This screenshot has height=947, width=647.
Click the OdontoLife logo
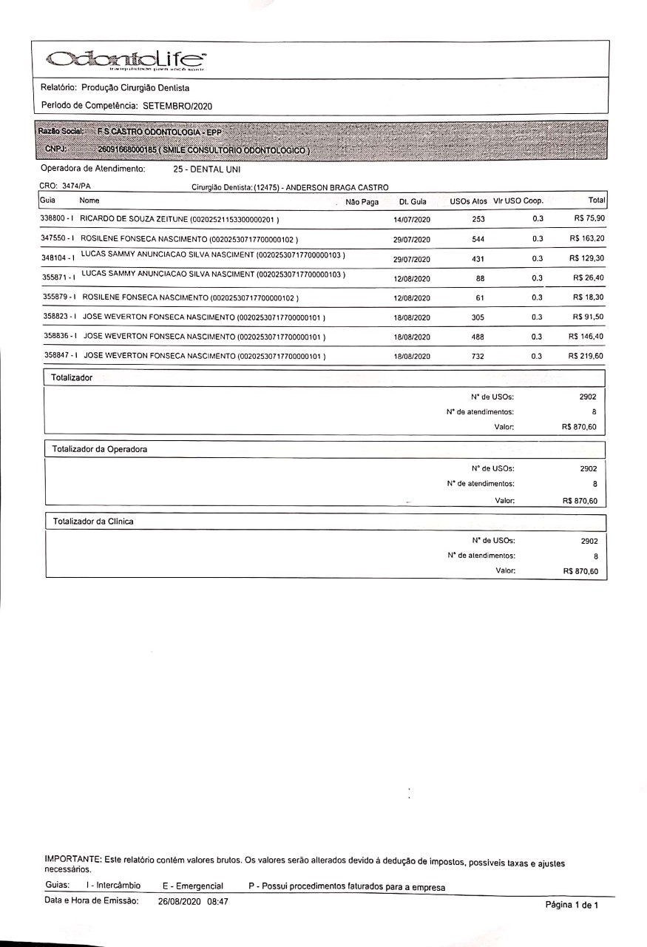(x=126, y=60)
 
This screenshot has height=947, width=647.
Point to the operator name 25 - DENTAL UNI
(x=202, y=169)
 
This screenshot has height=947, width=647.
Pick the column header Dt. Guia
(x=412, y=201)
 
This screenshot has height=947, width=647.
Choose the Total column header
(x=596, y=200)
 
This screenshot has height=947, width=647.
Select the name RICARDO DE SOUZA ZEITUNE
(x=134, y=220)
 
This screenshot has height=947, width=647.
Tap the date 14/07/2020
(x=412, y=220)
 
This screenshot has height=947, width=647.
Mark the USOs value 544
(x=478, y=239)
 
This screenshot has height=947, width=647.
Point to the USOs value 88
(x=480, y=278)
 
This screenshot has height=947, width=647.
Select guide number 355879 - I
(x=60, y=297)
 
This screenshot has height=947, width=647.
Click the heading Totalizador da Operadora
(x=100, y=449)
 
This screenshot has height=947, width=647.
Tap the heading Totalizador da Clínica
(x=93, y=522)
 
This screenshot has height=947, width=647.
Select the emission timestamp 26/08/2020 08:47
(x=193, y=901)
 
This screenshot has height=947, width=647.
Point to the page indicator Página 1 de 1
(x=572, y=905)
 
